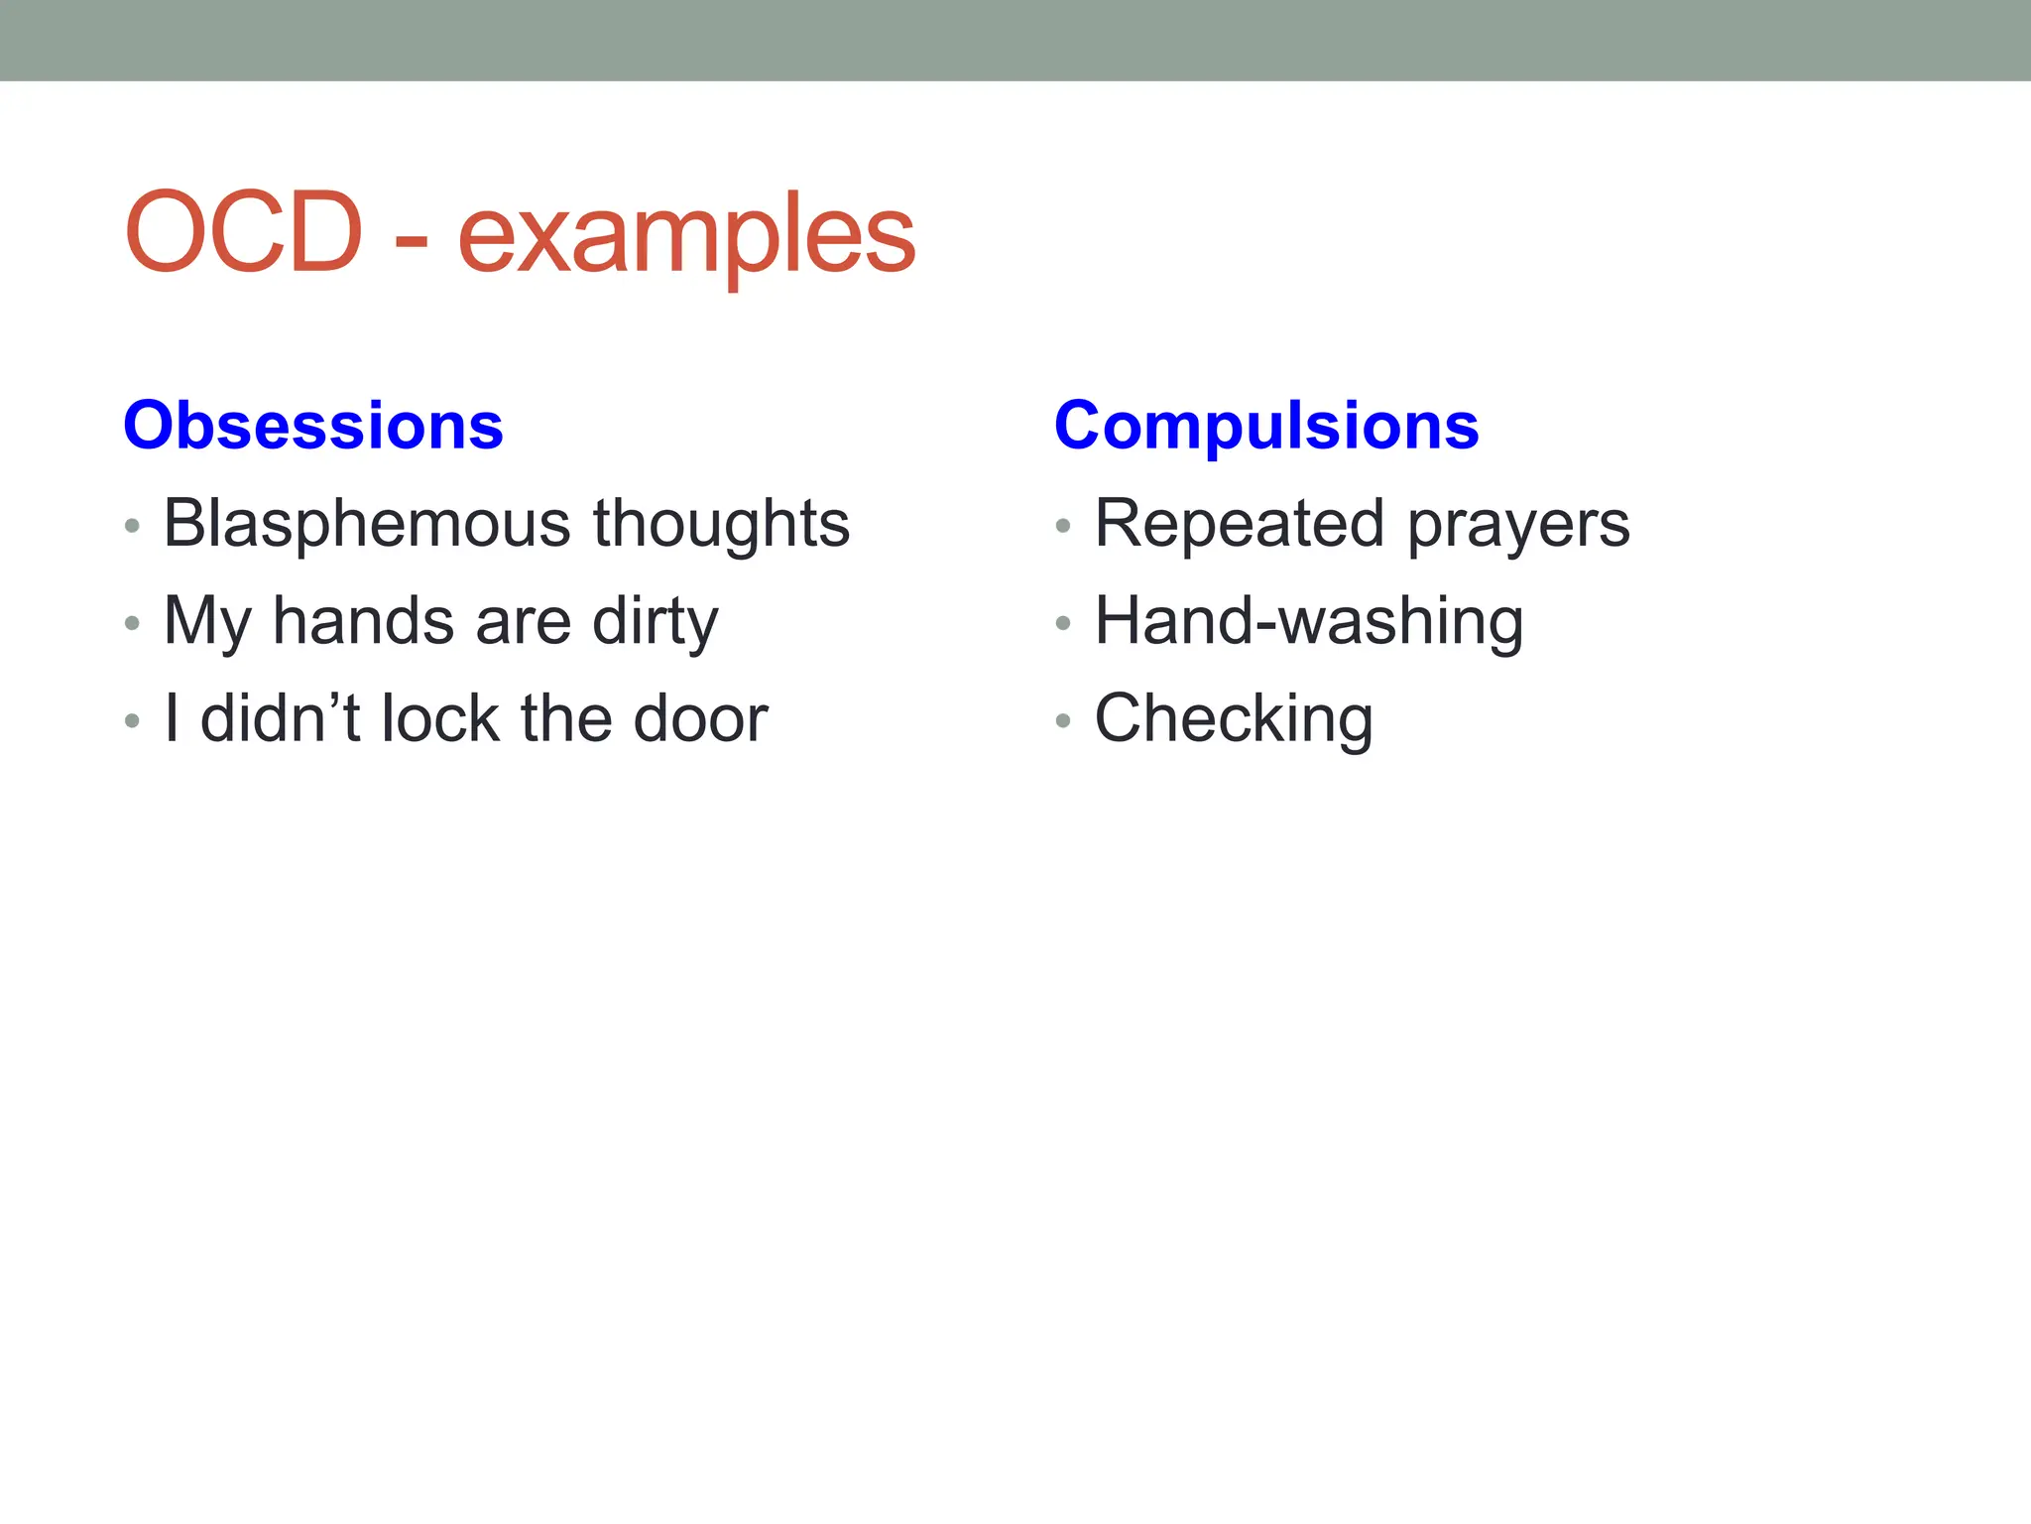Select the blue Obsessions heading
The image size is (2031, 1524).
pyautogui.click(x=313, y=426)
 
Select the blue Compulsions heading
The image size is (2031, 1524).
pyautogui.click(x=1266, y=426)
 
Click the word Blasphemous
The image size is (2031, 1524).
pyautogui.click(x=367, y=523)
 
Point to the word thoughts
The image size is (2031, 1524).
pyautogui.click(x=721, y=523)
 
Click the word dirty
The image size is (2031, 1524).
pyautogui.click(x=655, y=621)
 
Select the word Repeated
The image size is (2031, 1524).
pyautogui.click(x=1239, y=523)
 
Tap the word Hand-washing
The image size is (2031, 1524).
pyautogui.click(x=1309, y=621)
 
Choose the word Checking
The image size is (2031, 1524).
pyautogui.click(x=1234, y=718)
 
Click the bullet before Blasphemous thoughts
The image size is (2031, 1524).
pyautogui.click(x=132, y=526)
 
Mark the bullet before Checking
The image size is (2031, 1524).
pyautogui.click(x=1063, y=721)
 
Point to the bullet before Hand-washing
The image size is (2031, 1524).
pyautogui.click(x=1063, y=624)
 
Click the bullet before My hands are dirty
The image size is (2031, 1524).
pyautogui.click(x=132, y=624)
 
